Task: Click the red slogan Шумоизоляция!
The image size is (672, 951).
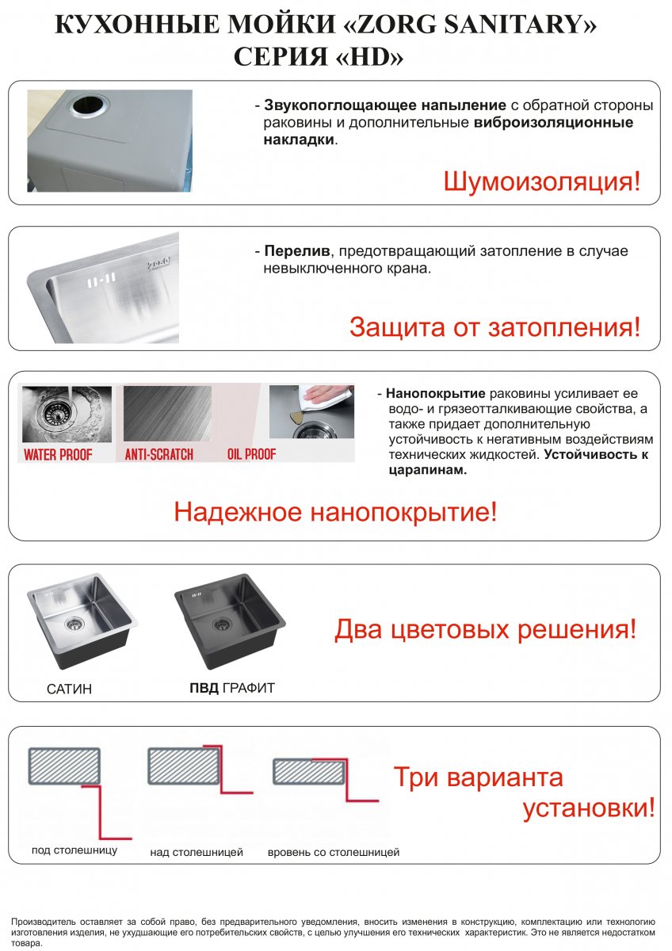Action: coord(542,181)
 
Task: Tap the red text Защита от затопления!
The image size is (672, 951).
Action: coord(494,327)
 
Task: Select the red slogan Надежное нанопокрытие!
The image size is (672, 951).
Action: coord(335,512)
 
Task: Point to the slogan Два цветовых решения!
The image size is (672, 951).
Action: coord(486,629)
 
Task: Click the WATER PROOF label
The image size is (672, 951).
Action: coord(58,455)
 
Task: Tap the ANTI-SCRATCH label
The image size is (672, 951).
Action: coord(158,455)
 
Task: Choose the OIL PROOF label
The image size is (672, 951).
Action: coord(251,454)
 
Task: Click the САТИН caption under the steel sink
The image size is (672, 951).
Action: coord(69,689)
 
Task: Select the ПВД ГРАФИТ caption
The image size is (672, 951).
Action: coord(232,688)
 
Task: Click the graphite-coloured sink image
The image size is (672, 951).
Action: coord(230,622)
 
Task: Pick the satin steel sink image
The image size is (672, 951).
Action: coord(82,621)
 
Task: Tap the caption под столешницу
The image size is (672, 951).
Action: coord(74,850)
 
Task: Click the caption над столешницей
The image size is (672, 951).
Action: coord(197,852)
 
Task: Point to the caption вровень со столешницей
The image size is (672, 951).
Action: coord(334,852)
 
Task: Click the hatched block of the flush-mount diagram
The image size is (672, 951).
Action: coord(308,772)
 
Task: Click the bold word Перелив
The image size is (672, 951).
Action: coord(296,251)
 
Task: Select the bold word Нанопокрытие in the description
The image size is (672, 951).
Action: coord(436,394)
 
